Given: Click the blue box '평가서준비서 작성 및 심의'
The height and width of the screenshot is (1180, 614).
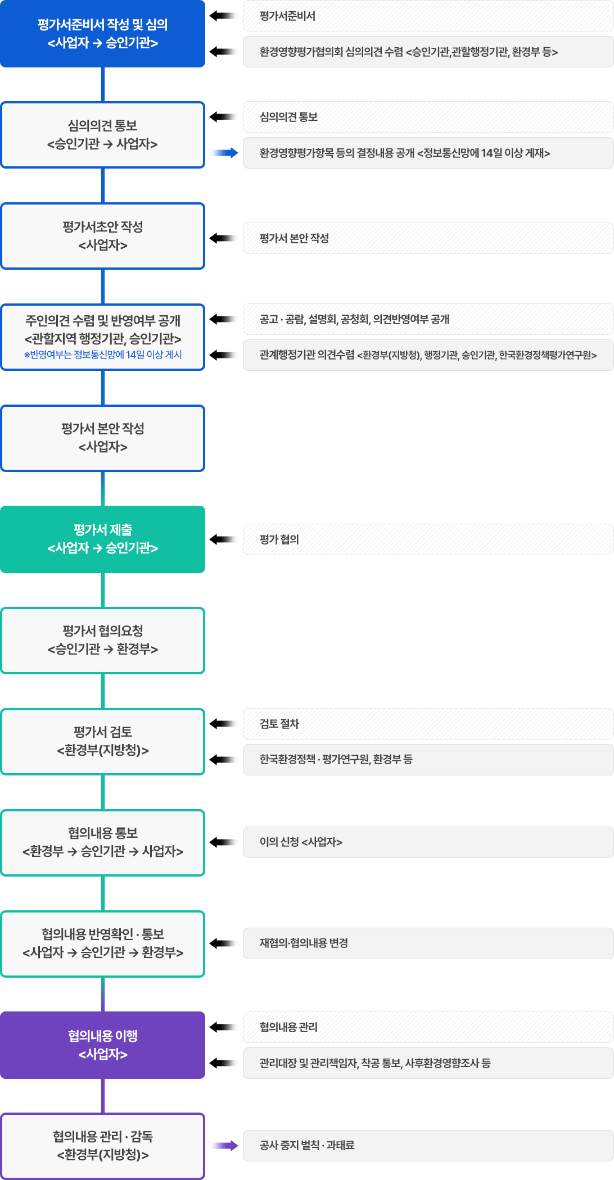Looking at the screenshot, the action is coord(102,34).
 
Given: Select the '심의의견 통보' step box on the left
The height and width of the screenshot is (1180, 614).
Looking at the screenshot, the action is coord(102,135).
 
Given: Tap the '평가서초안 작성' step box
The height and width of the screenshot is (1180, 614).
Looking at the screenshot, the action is coord(102,236).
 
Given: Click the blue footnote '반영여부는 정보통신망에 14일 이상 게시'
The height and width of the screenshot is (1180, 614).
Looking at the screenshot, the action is coord(103,355).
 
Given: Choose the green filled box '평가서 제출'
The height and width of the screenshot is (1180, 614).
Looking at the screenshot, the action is coord(102,539).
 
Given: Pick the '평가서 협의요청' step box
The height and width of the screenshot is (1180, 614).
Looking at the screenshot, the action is coord(102,641).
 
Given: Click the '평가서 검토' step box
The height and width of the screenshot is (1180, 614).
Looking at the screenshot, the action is coord(102,742).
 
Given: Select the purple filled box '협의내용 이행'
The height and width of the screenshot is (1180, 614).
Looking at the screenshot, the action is coord(102,1045).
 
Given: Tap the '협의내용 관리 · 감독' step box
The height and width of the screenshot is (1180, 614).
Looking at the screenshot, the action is coord(102,1146).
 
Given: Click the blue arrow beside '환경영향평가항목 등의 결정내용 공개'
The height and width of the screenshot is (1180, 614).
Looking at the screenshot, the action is coord(225,153).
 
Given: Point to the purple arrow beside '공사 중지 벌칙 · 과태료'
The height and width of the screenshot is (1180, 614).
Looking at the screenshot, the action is coord(225,1146).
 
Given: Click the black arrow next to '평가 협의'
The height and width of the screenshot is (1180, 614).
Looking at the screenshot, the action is coord(223,539).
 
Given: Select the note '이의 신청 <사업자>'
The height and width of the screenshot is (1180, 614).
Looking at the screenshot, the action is coord(428,842).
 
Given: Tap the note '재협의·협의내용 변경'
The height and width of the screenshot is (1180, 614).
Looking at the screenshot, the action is coord(428,943).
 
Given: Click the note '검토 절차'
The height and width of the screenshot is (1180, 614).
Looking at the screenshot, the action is coord(428,724).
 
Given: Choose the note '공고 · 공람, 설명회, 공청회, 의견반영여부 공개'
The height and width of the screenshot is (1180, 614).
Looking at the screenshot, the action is coord(428,319).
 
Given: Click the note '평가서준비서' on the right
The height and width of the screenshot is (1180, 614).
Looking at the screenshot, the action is coord(428,16).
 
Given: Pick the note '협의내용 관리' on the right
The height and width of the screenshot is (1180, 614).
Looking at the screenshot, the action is coord(428,1027).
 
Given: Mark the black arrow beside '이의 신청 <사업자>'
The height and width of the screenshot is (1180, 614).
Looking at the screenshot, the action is coord(223,842).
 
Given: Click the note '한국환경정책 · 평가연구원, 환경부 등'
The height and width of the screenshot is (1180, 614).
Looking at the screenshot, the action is coord(428,760).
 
